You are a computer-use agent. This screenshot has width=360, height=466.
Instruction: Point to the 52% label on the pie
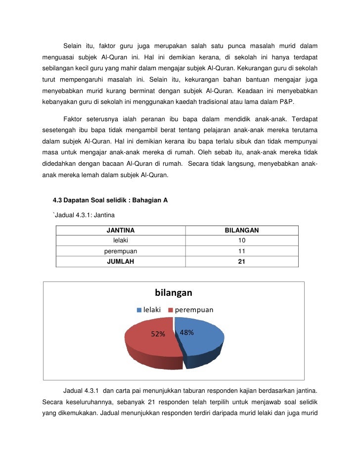point(158,334)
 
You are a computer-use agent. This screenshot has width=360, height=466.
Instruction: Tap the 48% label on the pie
point(186,332)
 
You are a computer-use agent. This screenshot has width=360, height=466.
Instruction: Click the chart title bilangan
point(173,293)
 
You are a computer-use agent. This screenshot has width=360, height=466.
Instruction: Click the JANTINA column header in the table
point(121,231)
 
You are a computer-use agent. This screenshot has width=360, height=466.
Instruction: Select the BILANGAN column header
point(242,231)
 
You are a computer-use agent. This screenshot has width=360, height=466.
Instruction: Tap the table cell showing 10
point(242,241)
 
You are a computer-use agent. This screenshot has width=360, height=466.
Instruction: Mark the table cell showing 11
point(242,251)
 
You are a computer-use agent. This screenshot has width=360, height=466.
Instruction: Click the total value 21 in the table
point(242,262)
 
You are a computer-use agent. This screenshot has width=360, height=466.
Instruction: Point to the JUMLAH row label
point(121,262)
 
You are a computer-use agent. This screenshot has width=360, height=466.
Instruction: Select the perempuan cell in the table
point(121,251)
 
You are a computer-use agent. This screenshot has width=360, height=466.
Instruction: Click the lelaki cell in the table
point(121,241)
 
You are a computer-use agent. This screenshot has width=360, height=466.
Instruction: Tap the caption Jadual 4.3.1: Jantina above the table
point(84,215)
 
